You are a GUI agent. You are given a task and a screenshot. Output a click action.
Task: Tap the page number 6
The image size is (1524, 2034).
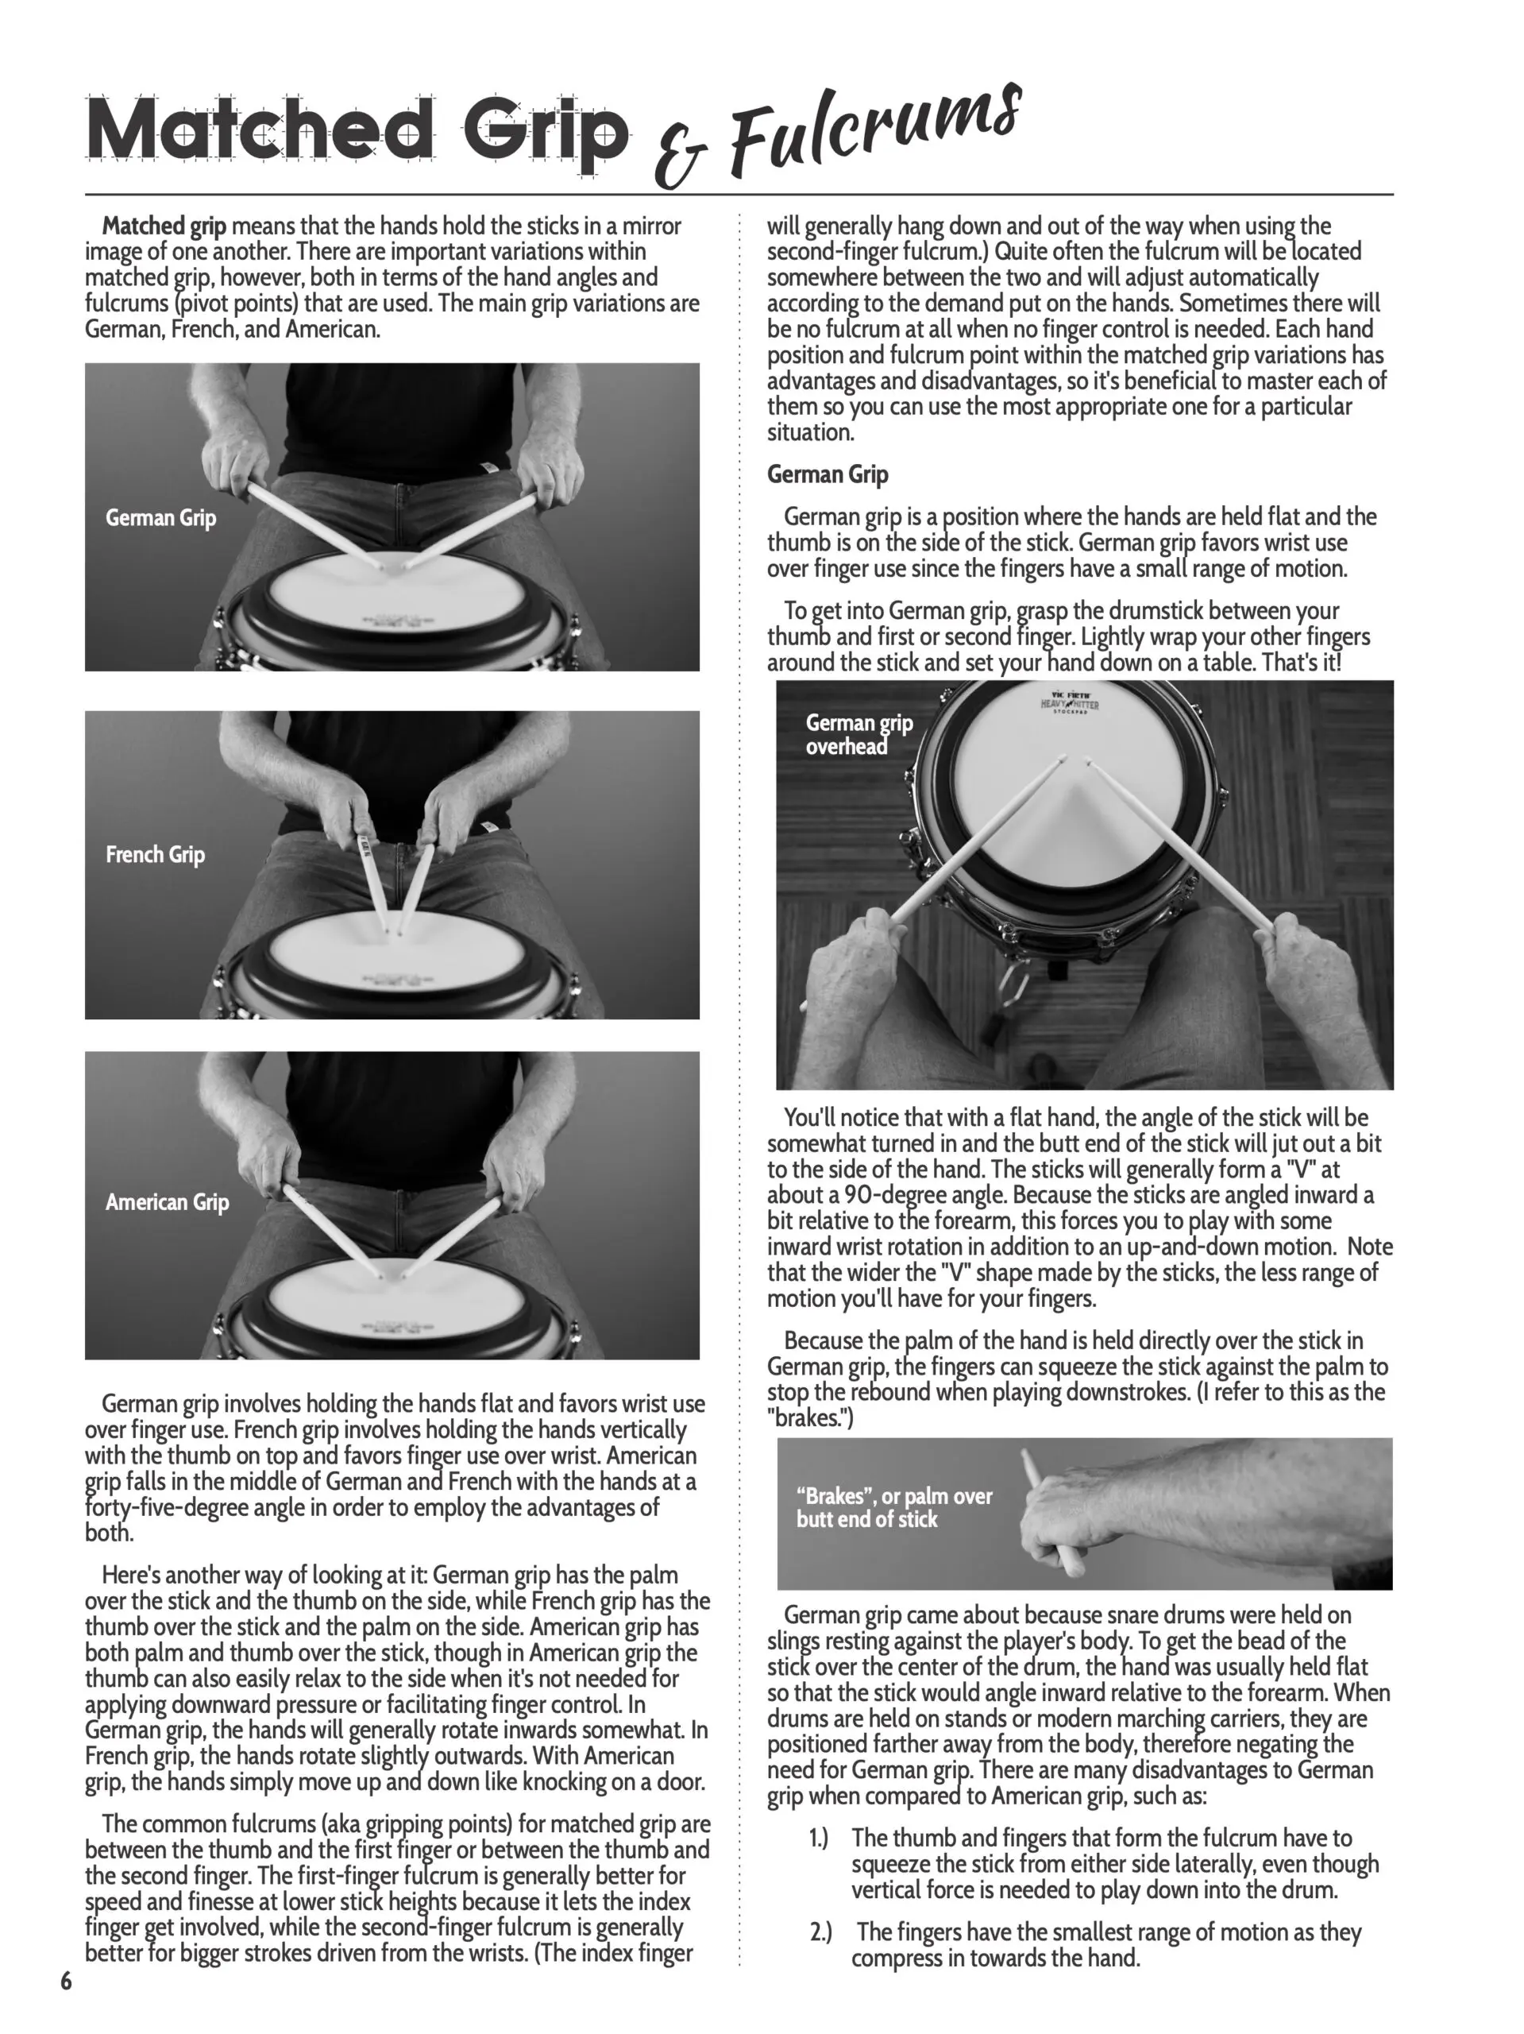click(x=66, y=1981)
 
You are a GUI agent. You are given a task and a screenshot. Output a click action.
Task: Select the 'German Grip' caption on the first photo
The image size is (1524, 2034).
click(x=161, y=518)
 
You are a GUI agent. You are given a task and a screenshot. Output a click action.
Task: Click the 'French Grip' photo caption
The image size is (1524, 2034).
click(x=156, y=854)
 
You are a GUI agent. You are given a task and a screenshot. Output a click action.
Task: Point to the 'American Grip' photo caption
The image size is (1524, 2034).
click(x=168, y=1202)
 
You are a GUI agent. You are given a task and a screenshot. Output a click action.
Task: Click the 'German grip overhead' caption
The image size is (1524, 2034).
click(x=859, y=734)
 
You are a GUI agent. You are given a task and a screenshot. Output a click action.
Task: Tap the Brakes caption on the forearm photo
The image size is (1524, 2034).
click(x=894, y=1507)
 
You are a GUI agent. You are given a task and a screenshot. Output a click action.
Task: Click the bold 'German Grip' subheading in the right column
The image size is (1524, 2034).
click(x=828, y=474)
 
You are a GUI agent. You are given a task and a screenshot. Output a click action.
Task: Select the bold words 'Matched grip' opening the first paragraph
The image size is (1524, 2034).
click(x=164, y=226)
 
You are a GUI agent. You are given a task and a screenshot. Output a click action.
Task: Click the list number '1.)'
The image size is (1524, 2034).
click(x=818, y=1838)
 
